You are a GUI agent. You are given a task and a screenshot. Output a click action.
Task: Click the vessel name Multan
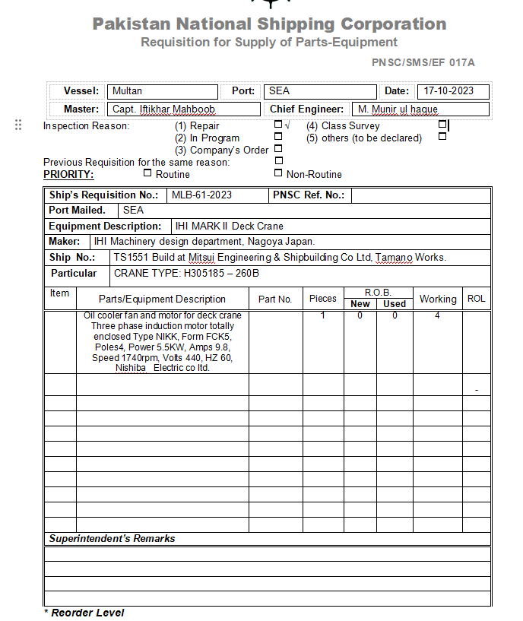127,91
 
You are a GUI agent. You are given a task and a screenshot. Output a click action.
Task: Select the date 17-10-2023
449,91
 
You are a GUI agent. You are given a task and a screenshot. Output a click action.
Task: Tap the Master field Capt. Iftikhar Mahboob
163,109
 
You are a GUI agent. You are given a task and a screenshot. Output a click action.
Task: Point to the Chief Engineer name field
398,109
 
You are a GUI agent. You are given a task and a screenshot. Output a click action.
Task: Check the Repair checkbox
278,125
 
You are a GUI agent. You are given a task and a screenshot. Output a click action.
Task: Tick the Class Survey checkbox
442,125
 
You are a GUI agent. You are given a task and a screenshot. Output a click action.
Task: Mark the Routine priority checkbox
148,173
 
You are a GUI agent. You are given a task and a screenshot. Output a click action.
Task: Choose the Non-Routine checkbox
278,173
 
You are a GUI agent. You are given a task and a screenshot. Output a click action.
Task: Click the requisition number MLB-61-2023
201,195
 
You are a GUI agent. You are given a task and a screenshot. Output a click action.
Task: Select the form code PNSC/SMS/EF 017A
423,63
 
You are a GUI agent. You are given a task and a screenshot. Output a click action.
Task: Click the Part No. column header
275,299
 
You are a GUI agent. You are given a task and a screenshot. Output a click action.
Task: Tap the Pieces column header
323,299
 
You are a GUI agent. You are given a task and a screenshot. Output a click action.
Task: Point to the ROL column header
476,299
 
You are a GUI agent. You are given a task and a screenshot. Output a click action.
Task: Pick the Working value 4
437,315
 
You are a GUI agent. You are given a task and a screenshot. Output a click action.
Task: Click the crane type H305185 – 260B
186,274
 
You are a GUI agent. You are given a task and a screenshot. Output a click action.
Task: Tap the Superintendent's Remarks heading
112,538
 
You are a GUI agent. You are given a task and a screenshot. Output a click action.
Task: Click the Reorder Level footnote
87,613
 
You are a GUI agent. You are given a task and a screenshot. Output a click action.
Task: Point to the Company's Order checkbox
278,149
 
